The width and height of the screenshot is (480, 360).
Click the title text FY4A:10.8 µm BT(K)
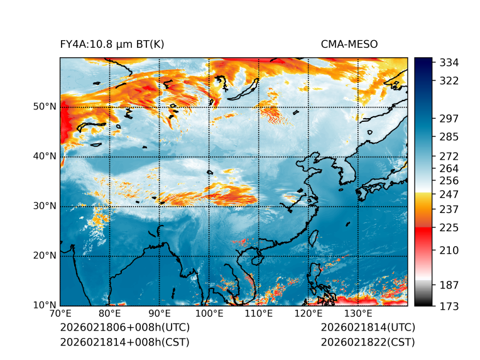112,44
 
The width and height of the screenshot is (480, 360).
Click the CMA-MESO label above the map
349,44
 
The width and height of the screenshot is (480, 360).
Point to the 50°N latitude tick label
45,107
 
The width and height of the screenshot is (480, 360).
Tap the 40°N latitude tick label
45,156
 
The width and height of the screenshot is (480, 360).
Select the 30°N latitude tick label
45,206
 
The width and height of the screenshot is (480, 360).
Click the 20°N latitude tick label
45,256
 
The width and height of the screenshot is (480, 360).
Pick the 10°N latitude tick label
45,305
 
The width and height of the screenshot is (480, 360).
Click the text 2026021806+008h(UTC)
124,327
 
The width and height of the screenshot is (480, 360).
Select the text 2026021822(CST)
368,342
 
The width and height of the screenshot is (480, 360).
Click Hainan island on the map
256,259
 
